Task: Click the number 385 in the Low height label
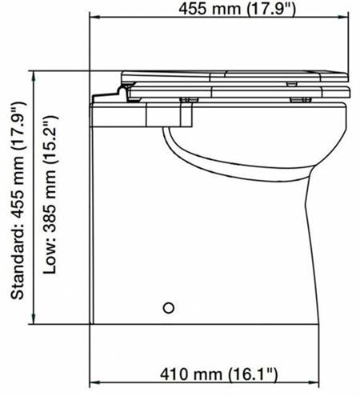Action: (50, 226)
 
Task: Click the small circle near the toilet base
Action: (168, 307)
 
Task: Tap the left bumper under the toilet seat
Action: (190, 100)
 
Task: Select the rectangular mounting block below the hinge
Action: (168, 114)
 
